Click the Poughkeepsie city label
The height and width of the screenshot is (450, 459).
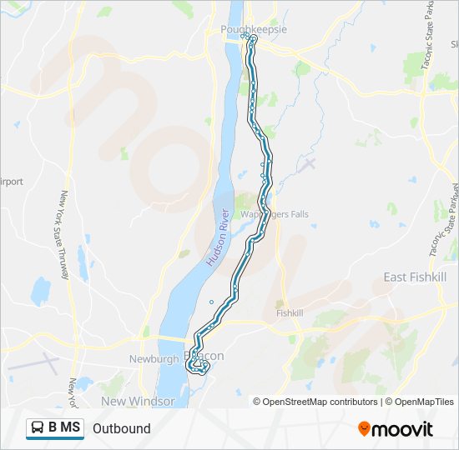point(254,29)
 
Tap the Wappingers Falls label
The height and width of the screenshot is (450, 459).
point(275,214)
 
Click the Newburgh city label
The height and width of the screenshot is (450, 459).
point(154,359)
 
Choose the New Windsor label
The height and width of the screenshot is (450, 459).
point(138,401)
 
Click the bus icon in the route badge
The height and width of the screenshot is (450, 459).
point(38,428)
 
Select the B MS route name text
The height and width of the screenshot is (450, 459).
point(64,428)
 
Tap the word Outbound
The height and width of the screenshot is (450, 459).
point(122,429)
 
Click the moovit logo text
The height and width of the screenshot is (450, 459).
point(403,429)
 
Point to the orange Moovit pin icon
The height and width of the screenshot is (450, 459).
point(364,429)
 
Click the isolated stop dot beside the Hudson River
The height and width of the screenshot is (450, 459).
point(211,302)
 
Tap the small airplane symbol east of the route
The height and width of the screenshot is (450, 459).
point(310,162)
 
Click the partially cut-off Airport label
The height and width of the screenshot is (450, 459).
point(12,181)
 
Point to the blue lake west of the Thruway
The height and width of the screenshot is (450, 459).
point(40,291)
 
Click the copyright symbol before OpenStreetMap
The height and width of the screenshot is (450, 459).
point(257,402)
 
